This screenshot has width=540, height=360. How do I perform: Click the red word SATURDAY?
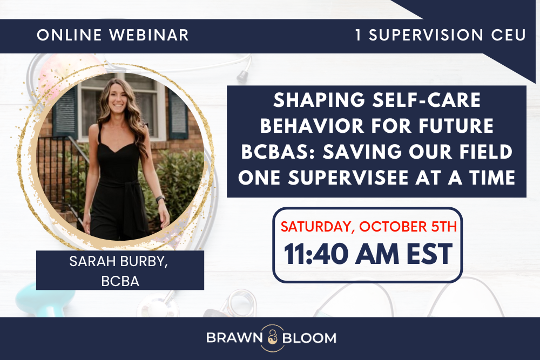[x=314, y=227]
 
